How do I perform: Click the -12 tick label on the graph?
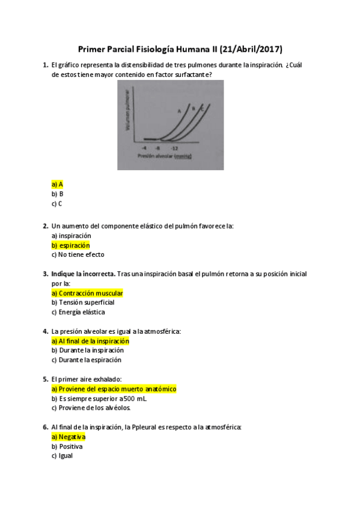coord(174,147)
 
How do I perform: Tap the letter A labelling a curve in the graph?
coord(179,111)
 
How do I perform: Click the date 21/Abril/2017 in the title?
coord(252,49)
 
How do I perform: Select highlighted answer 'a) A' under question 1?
coord(58,184)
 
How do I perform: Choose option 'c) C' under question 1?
coord(57,203)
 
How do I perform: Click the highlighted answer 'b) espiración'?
coord(71,245)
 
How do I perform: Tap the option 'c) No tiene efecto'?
coord(78,254)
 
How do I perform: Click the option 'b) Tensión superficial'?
coord(83,303)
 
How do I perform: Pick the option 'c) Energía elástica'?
coord(78,312)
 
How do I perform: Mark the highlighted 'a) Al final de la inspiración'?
coord(90,341)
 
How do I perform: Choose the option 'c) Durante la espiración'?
coord(86,360)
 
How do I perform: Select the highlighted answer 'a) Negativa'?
coord(69,437)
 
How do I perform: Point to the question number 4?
coord(45,331)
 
